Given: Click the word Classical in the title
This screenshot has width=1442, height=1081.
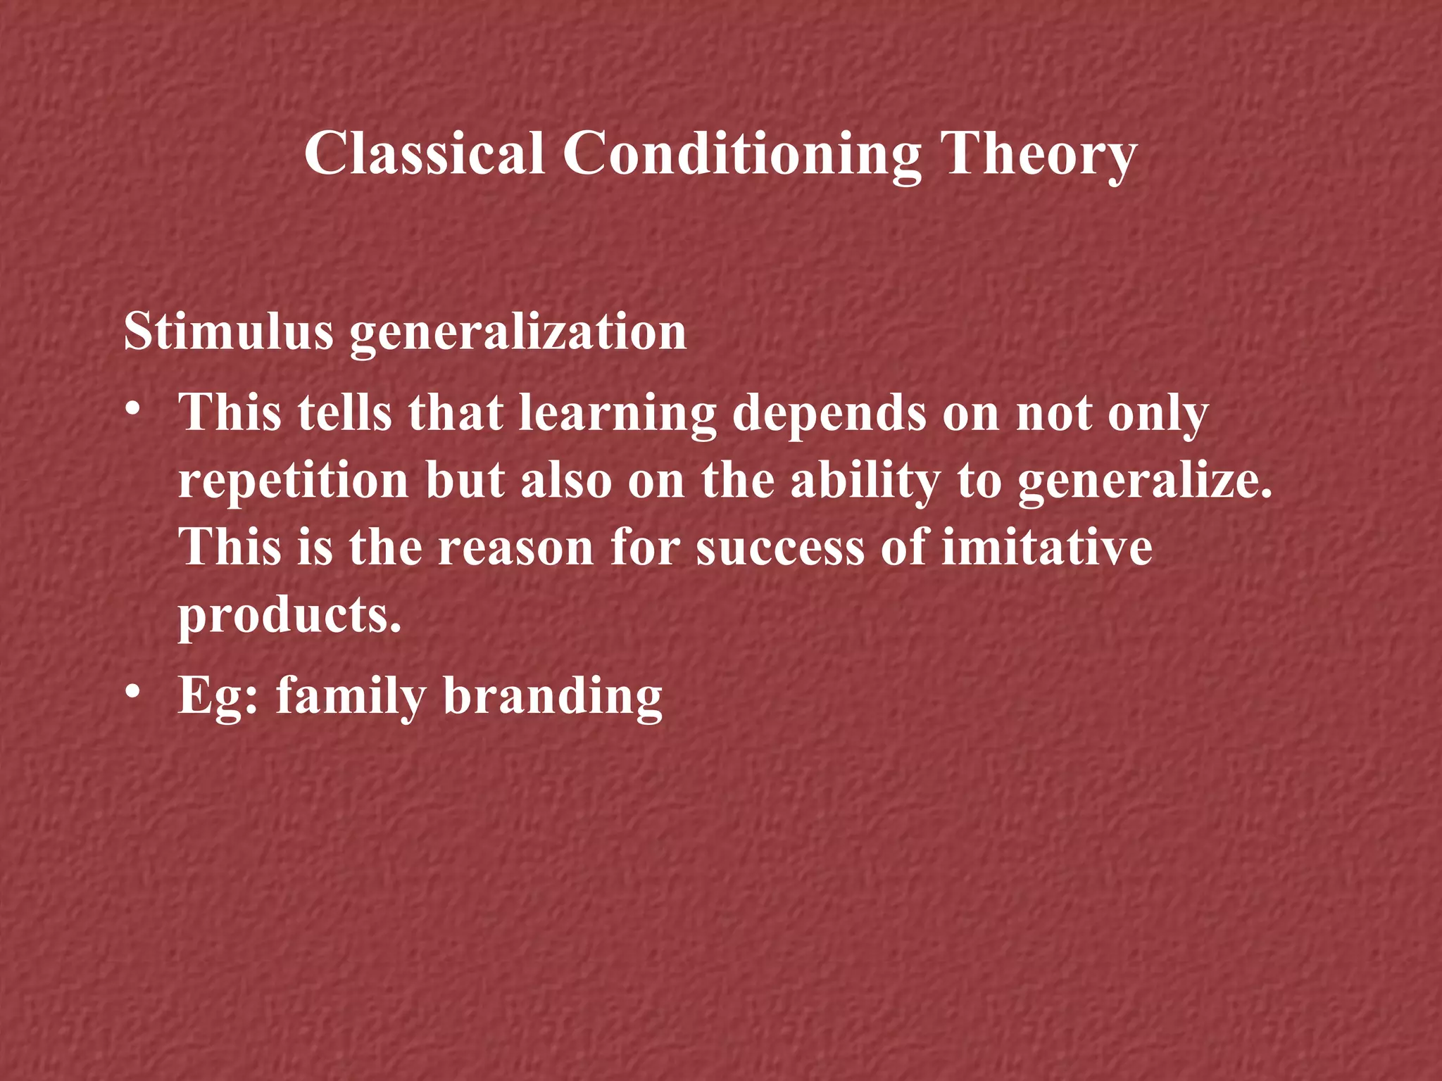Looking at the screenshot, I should pyautogui.click(x=425, y=153).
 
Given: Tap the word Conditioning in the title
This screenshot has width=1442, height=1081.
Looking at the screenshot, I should pyautogui.click(x=742, y=155).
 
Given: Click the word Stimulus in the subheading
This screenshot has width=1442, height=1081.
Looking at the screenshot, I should pyautogui.click(x=228, y=331).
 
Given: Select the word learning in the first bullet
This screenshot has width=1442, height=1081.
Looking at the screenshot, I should pyautogui.click(x=617, y=414).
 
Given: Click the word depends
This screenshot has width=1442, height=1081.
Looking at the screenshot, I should pyautogui.click(x=829, y=414).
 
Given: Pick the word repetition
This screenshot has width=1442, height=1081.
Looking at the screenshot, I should pyautogui.click(x=293, y=481).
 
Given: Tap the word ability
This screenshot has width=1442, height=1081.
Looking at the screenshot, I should pyautogui.click(x=865, y=481).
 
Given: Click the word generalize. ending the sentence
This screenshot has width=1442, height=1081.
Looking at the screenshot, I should pyautogui.click(x=1146, y=483).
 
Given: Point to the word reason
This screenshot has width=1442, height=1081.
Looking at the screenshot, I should pyautogui.click(x=516, y=548).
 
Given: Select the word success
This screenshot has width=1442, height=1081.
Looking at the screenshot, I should pyautogui.click(x=780, y=548).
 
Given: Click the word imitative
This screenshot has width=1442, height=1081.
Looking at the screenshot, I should pyautogui.click(x=1047, y=548).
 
